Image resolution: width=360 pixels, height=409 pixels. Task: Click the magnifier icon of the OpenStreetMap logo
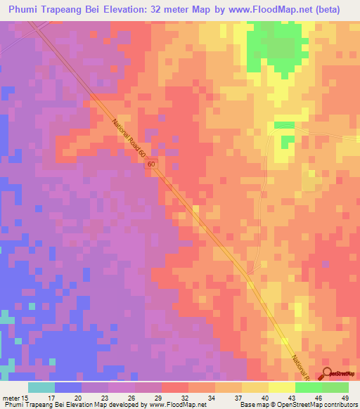328,375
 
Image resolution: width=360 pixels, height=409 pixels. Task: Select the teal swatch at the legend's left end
41,387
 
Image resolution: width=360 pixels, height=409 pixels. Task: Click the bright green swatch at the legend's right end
335,387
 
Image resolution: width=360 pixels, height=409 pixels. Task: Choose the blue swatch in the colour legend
68,387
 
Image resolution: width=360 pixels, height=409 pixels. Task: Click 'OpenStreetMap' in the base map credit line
291,405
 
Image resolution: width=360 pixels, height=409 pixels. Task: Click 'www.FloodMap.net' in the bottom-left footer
174,405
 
